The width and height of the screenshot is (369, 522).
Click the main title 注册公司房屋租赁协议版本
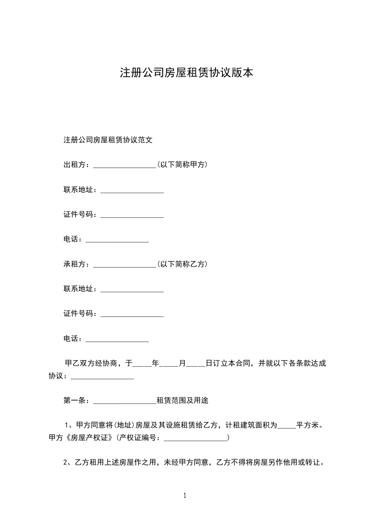pyautogui.click(x=187, y=73)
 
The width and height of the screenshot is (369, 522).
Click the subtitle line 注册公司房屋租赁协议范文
pyautogui.click(x=108, y=139)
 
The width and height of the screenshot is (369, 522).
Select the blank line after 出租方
pyautogui.click(x=125, y=165)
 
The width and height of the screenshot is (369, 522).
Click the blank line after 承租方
pyautogui.click(x=125, y=265)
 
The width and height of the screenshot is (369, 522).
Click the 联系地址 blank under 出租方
pyautogui.click(x=132, y=190)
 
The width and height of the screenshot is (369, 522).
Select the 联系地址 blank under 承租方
pyautogui.click(x=132, y=290)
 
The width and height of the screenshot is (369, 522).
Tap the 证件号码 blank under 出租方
pyautogui.click(x=132, y=215)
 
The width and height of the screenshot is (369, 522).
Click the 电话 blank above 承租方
pyautogui.click(x=117, y=240)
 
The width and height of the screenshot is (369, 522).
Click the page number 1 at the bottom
pyautogui.click(x=185, y=495)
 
